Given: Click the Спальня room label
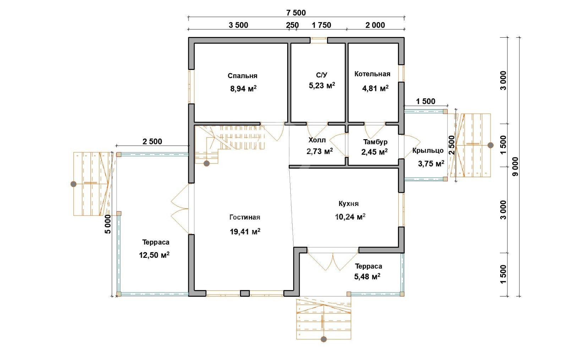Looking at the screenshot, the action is [242, 76].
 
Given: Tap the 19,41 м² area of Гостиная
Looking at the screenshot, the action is [245, 231].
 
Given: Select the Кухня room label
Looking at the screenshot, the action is [349, 203].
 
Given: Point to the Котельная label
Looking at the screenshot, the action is [372, 74].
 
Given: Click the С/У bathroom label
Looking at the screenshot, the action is [322, 75].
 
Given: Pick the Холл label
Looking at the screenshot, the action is [317, 140].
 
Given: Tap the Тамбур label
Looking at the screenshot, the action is [375, 142].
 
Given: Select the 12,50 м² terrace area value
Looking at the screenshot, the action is [154, 255].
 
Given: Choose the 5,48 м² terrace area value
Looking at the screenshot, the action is [367, 276].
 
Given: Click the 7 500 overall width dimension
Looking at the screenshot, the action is [296, 13].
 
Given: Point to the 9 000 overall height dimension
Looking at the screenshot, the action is [515, 167].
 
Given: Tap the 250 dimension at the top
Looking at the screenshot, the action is [293, 25].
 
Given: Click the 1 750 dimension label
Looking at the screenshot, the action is [321, 25].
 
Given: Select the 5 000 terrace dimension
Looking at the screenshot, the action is [108, 224].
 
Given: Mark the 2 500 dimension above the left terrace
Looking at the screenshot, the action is [152, 141].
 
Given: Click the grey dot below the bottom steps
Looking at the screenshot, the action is [323, 339].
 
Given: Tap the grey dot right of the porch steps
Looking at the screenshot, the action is [491, 145].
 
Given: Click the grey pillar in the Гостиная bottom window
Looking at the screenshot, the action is [245, 293].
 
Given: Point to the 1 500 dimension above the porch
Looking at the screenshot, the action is [426, 101].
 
